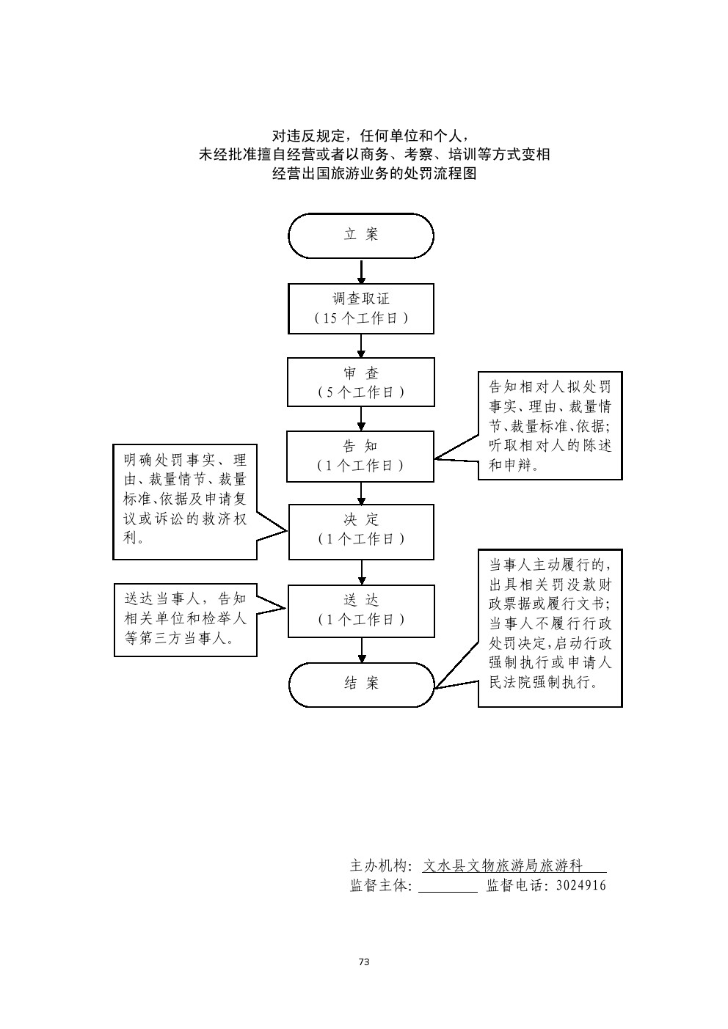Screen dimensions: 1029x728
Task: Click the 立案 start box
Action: (x=361, y=235)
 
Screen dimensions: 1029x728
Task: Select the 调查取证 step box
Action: (x=361, y=309)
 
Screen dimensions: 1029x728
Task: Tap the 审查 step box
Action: (x=361, y=381)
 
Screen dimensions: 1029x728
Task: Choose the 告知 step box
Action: (x=361, y=455)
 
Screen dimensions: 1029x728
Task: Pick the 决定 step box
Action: (x=361, y=531)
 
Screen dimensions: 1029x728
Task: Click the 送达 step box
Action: (x=361, y=610)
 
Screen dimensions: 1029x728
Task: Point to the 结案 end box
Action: (x=361, y=684)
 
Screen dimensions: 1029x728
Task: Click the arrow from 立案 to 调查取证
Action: (x=361, y=271)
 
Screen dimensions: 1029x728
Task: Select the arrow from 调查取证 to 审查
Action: (x=361, y=345)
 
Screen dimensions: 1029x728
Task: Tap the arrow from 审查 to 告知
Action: (x=361, y=418)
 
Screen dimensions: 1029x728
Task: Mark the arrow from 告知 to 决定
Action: (x=361, y=492)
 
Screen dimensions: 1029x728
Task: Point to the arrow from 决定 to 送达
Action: (x=361, y=572)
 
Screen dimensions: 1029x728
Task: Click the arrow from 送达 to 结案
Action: (x=361, y=650)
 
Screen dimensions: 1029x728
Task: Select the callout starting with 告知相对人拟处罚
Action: (x=550, y=425)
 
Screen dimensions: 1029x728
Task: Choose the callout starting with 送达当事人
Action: (x=186, y=619)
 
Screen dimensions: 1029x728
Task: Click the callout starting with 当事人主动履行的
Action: (x=550, y=628)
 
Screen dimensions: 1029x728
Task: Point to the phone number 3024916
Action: (x=581, y=885)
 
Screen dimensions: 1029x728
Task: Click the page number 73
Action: (x=364, y=962)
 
